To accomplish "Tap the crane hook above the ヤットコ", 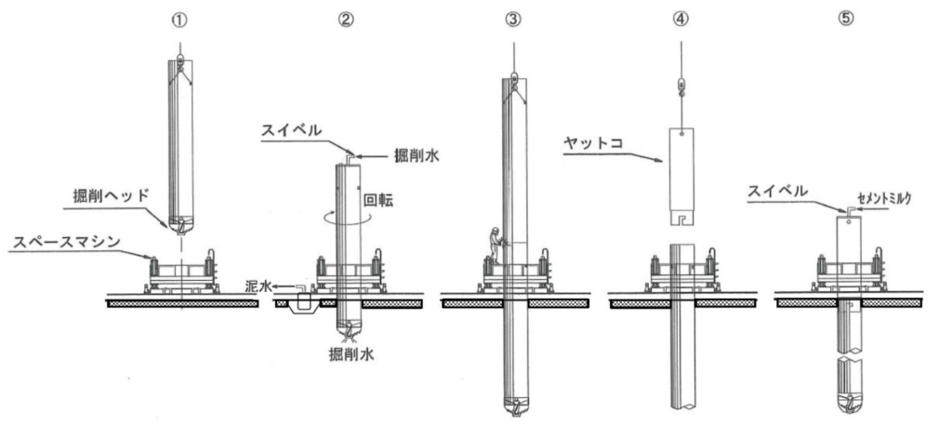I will pos(681,87).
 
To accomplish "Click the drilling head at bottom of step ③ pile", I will pos(512,406).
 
